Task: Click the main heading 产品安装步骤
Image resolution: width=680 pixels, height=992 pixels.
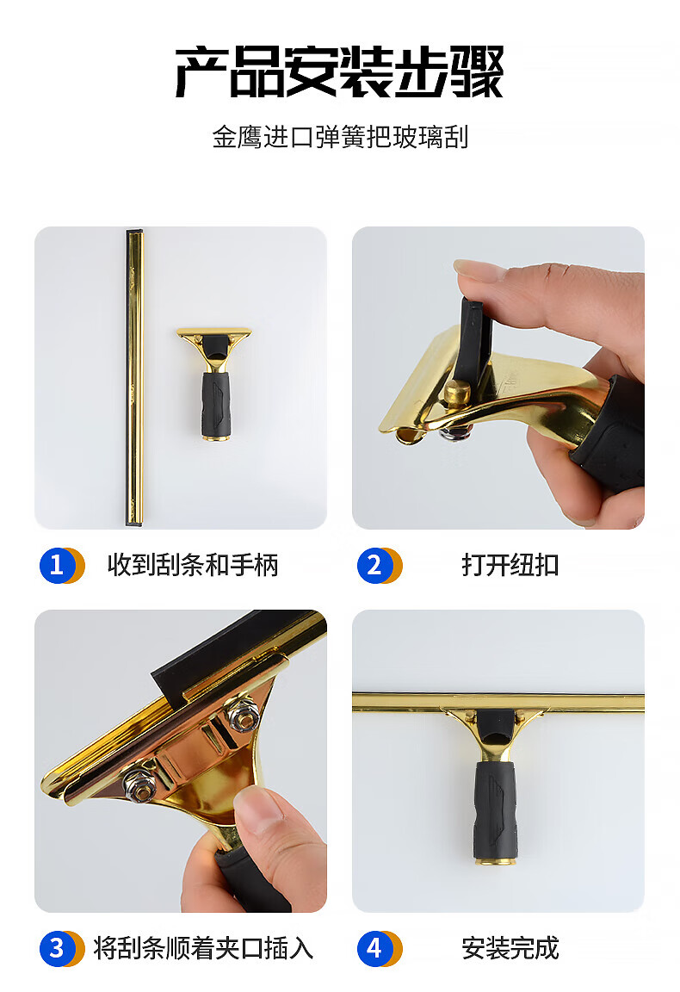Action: point(340,71)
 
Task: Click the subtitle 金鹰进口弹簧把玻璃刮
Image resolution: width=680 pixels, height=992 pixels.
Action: point(340,137)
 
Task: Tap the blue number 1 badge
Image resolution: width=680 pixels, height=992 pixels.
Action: point(57,565)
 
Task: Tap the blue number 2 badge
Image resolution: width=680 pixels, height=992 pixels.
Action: point(374,565)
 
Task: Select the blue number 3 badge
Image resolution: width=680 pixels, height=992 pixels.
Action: point(57,948)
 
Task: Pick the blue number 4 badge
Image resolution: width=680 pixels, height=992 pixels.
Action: point(374,948)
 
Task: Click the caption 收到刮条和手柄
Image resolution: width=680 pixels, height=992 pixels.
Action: point(193,565)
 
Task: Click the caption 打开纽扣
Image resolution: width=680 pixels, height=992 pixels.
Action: point(510,565)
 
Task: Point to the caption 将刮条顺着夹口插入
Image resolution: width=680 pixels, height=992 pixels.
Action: point(203,948)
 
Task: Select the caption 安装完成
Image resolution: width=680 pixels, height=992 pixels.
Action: point(510,948)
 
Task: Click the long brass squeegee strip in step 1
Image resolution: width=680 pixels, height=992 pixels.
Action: point(135,378)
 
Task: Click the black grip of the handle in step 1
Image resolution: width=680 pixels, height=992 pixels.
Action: point(216,404)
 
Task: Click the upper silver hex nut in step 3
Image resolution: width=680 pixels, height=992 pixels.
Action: point(244,713)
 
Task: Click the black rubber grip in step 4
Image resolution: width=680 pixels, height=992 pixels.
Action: point(496,809)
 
